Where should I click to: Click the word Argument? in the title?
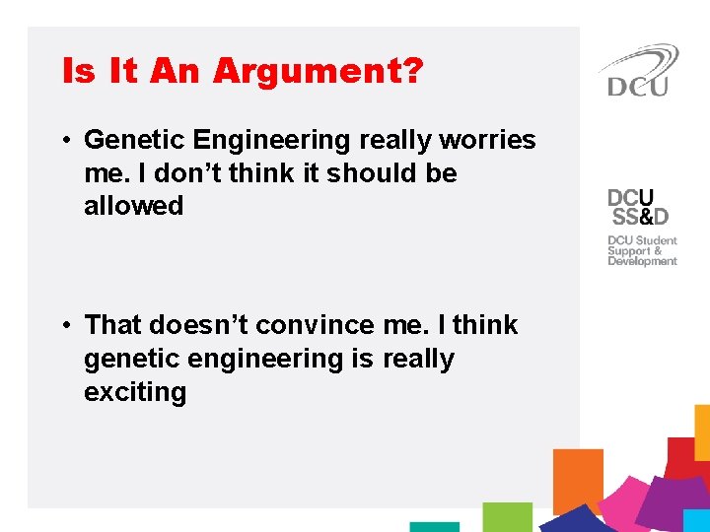[x=319, y=72]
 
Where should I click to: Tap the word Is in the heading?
[x=81, y=72]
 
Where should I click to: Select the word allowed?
[x=133, y=206]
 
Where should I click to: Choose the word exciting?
[x=134, y=392]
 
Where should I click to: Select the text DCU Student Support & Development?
[x=642, y=250]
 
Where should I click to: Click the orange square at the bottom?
[x=578, y=480]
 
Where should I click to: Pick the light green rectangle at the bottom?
[x=507, y=516]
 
